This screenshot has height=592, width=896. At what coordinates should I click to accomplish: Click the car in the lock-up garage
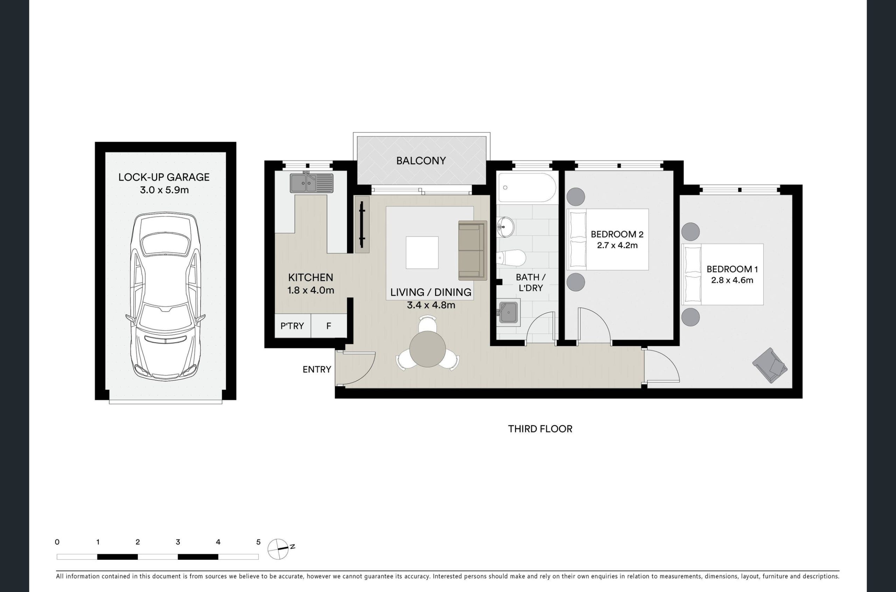(165, 295)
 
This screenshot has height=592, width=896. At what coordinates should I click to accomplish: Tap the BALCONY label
(421, 161)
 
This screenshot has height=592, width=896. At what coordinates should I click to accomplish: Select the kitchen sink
(311, 183)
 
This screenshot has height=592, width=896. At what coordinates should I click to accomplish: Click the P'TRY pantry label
(292, 326)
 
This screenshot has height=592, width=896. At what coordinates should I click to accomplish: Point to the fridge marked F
(329, 326)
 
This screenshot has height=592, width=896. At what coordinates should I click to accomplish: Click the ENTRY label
(317, 369)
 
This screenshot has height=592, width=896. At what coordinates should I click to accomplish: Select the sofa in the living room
(472, 250)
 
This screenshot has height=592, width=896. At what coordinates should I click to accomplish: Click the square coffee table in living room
(422, 252)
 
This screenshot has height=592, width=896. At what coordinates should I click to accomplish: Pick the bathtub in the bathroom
(527, 188)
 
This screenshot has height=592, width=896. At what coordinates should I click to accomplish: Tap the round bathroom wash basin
(505, 227)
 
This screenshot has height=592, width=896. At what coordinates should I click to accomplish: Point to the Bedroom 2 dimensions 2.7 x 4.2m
(617, 245)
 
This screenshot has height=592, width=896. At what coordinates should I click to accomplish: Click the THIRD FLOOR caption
(540, 429)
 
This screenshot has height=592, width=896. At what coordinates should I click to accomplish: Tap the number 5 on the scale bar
(258, 542)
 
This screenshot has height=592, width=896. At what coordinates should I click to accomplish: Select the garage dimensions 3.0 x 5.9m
(164, 190)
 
